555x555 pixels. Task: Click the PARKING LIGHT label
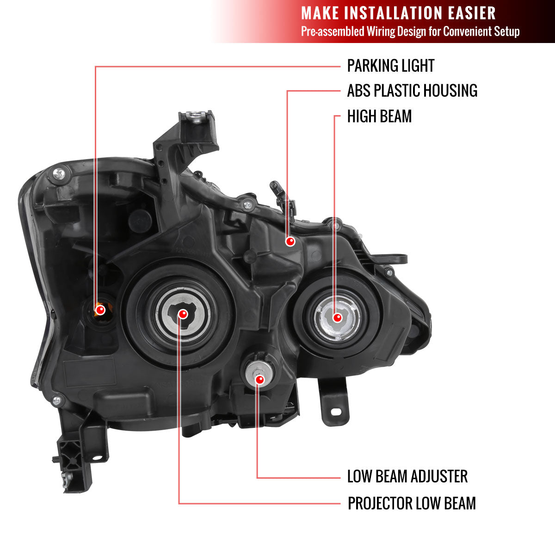pos(390,66)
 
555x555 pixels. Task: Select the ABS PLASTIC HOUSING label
pos(412,91)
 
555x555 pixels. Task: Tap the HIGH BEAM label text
pos(379,117)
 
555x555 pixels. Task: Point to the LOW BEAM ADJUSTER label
pos(407,476)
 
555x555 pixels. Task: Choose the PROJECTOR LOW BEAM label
pos(412,503)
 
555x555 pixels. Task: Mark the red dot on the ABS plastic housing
pos(290,241)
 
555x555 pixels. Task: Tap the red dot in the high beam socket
pos(337,318)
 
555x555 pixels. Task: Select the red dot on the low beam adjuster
pos(259,379)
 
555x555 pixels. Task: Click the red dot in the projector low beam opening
pos(183,314)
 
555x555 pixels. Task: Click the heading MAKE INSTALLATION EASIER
pos(398,13)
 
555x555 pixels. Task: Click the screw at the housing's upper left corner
pos(59,173)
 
